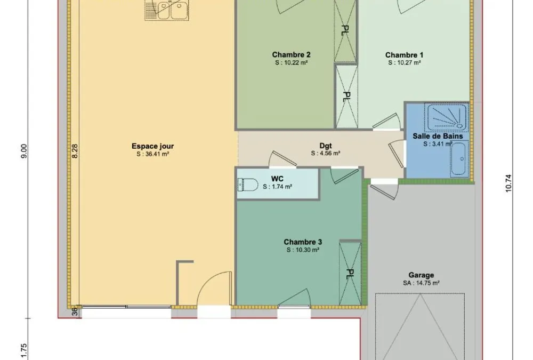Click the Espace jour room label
click(x=152, y=146)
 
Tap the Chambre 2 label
click(x=291, y=55)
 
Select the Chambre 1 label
click(x=404, y=55)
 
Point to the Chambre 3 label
click(x=303, y=242)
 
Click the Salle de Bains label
click(x=438, y=136)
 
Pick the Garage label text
click(x=421, y=275)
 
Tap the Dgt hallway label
click(x=325, y=146)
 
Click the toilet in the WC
click(x=248, y=185)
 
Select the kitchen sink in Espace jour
click(x=167, y=10)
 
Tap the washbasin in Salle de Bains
click(x=459, y=159)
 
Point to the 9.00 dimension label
click(x=23, y=151)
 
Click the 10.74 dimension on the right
click(x=508, y=183)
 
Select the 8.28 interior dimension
click(x=75, y=151)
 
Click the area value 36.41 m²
click(x=153, y=154)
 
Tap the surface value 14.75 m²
click(x=421, y=283)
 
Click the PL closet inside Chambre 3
click(x=351, y=274)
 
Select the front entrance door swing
click(x=214, y=289)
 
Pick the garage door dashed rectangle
click(x=420, y=326)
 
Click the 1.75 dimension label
click(x=23, y=350)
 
